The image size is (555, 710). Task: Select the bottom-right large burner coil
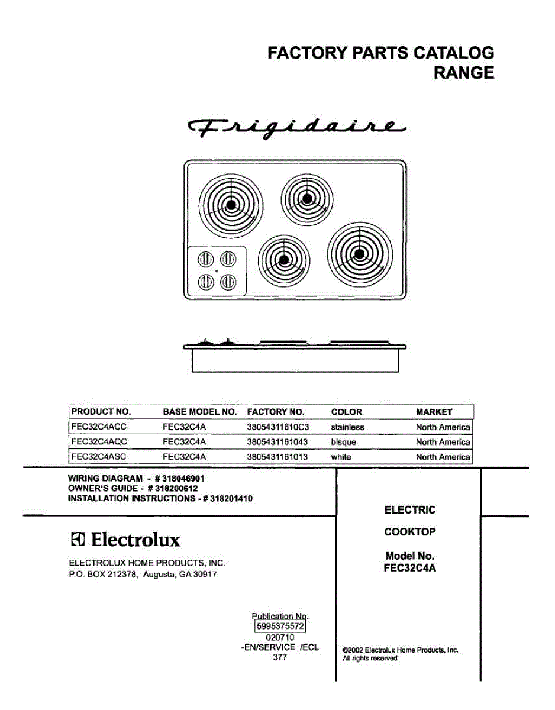[359, 254]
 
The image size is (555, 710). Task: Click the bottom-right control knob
[228, 282]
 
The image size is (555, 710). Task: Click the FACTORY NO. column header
[276, 412]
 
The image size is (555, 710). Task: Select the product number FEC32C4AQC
[99, 442]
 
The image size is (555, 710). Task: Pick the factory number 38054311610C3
[278, 427]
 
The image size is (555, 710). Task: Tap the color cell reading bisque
[344, 442]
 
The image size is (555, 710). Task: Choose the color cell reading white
[341, 457]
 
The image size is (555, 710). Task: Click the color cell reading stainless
[347, 427]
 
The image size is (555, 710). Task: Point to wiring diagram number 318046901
[180, 478]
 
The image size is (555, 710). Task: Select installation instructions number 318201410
[228, 498]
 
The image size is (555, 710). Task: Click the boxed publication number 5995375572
[280, 625]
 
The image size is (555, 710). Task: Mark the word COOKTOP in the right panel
[410, 531]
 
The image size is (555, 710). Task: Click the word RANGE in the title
[464, 73]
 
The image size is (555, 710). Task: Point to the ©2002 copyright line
[401, 650]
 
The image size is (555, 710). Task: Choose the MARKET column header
[434, 412]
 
